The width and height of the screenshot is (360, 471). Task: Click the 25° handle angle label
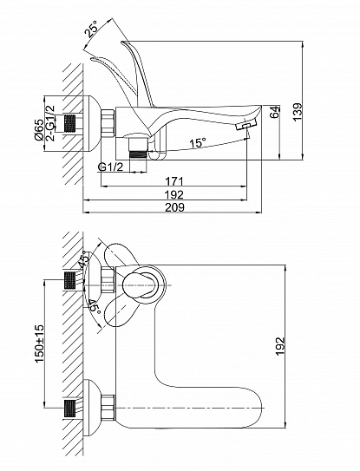[92, 28]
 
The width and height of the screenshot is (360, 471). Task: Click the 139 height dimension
[298, 112]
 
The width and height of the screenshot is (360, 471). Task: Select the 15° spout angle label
[198, 142]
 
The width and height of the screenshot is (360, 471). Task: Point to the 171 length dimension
[174, 181]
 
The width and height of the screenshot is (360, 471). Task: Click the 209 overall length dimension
[175, 207]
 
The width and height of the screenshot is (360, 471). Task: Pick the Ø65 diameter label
[38, 130]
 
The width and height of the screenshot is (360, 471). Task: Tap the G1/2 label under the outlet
[110, 167]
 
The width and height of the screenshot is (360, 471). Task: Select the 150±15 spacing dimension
[40, 343]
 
